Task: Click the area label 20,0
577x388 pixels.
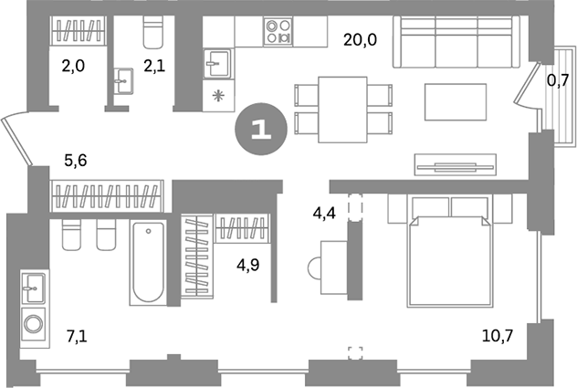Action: pyautogui.click(x=360, y=40)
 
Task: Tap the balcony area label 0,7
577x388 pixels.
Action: pyautogui.click(x=558, y=80)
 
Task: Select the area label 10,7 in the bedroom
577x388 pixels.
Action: pyautogui.click(x=498, y=336)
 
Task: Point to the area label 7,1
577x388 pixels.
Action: pyautogui.click(x=77, y=337)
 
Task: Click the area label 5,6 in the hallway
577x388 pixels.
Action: pyautogui.click(x=76, y=161)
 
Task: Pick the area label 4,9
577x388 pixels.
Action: pyautogui.click(x=248, y=265)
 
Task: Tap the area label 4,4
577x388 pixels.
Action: pyautogui.click(x=324, y=213)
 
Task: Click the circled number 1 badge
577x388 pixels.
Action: pyautogui.click(x=261, y=130)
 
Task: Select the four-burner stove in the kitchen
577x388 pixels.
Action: pyautogui.click(x=278, y=32)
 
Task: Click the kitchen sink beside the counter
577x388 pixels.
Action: pyautogui.click(x=217, y=63)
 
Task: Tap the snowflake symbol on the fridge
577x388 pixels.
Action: pyautogui.click(x=218, y=97)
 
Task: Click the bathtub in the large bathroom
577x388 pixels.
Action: pyautogui.click(x=148, y=263)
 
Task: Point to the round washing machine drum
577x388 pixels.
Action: pyautogui.click(x=34, y=324)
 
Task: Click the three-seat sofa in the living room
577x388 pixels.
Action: pyautogui.click(x=456, y=42)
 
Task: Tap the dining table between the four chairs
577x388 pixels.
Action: pyautogui.click(x=343, y=110)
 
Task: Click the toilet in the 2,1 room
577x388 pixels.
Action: pyautogui.click(x=153, y=32)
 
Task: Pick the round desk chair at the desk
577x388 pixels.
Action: pyautogui.click(x=314, y=268)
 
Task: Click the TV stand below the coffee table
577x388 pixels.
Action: pyautogui.click(x=456, y=164)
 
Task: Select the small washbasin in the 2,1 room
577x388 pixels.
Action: pyautogui.click(x=123, y=81)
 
